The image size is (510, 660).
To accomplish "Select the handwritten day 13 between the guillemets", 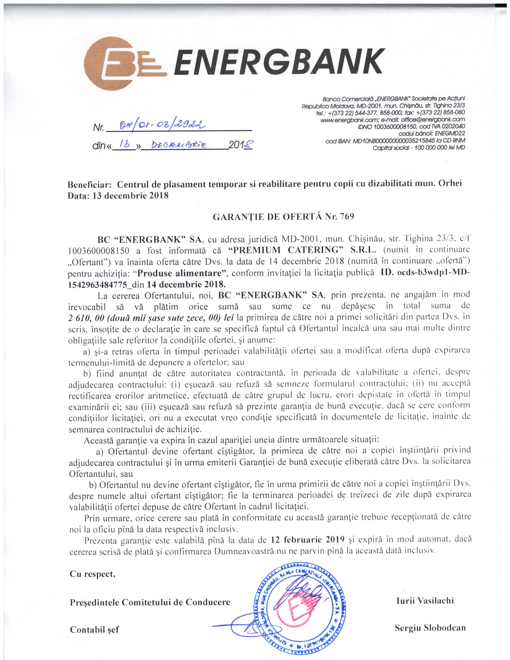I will pos(125,145).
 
